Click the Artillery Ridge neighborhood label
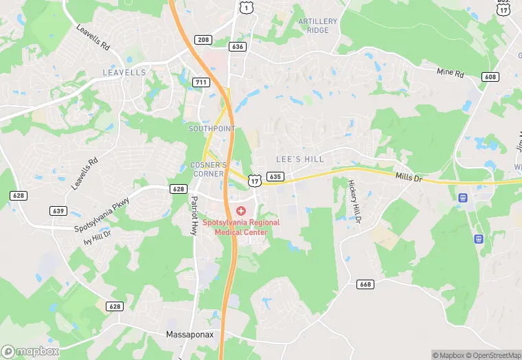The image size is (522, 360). [318, 25]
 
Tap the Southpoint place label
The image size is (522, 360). [212, 128]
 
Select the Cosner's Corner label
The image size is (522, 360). [207, 169]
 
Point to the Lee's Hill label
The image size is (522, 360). [299, 159]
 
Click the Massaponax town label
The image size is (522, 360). [192, 335]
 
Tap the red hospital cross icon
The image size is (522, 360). [241, 210]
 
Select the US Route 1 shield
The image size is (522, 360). [245, 6]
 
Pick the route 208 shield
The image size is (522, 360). [203, 40]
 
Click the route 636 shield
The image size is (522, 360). [238, 47]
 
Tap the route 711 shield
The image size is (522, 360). [201, 82]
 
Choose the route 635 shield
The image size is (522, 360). [275, 177]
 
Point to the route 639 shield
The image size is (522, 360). [58, 210]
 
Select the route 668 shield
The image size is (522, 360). [365, 284]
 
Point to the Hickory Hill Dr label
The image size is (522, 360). [354, 201]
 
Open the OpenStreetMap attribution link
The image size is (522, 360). [495, 355]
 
